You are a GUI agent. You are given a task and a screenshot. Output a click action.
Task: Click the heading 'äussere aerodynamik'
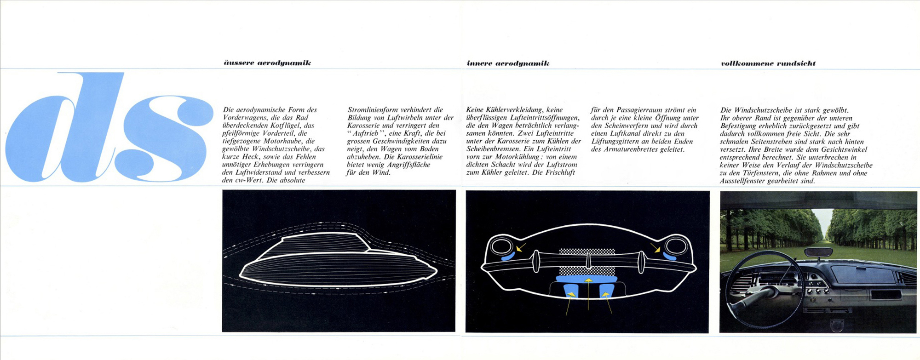pos(267,63)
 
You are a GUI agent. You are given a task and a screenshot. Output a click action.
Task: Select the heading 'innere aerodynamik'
pos(508,63)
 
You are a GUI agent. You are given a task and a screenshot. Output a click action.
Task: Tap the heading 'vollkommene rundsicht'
pos(768,63)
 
